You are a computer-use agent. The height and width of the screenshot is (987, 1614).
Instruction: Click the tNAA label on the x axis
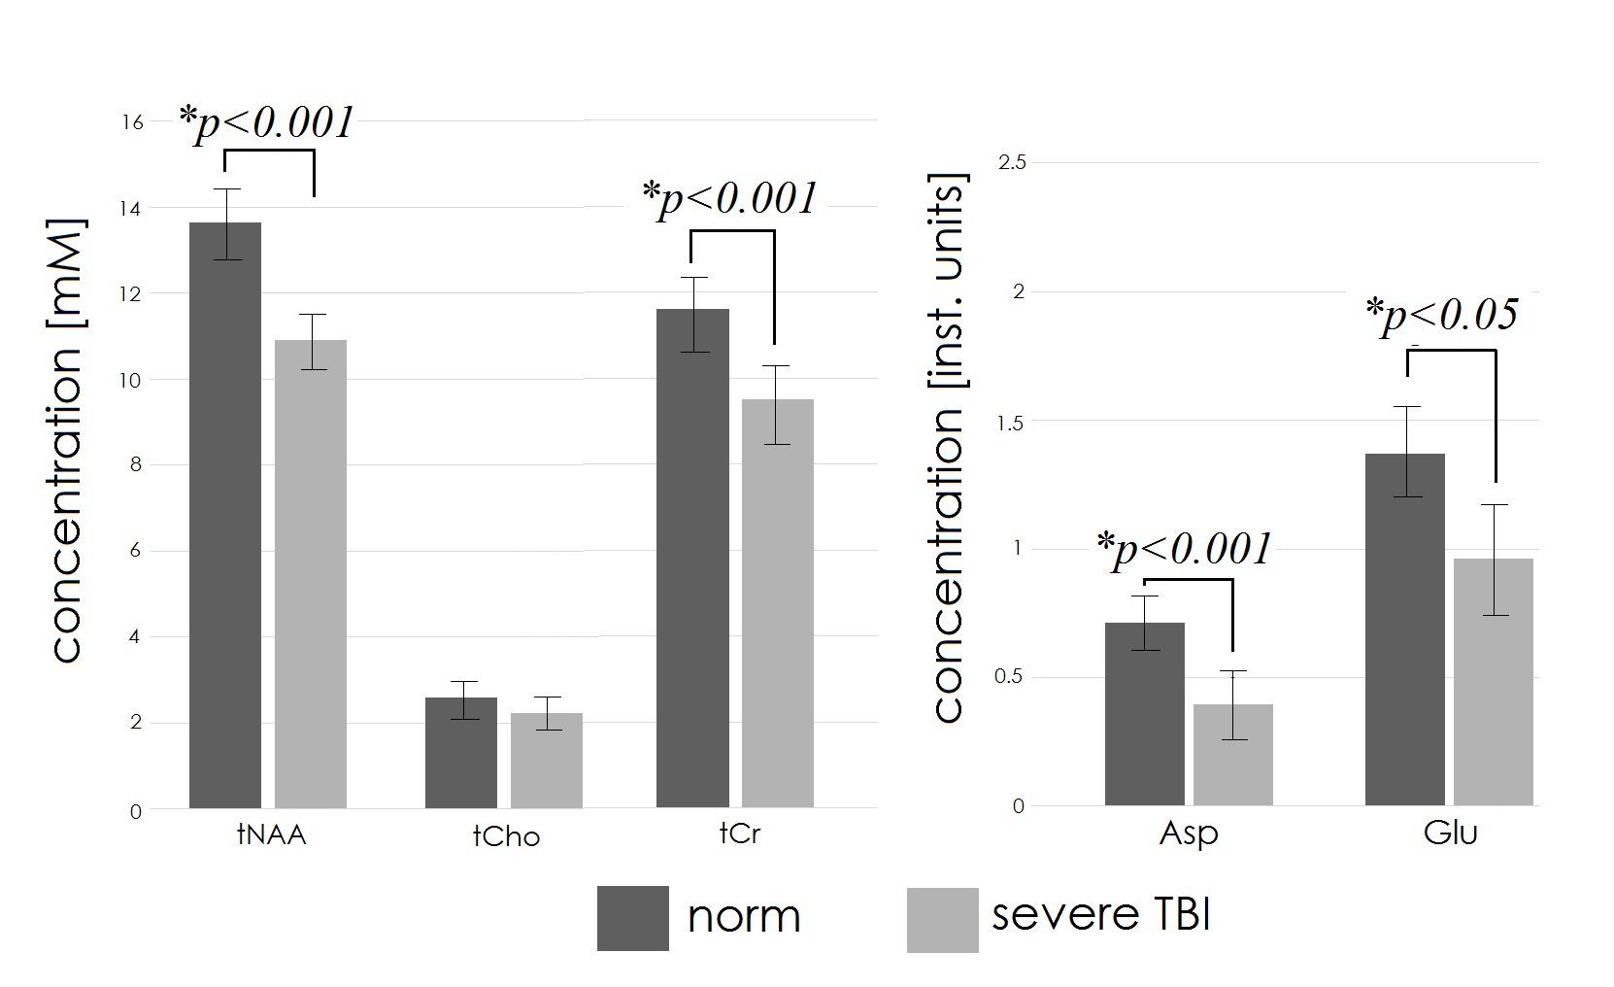[271, 834]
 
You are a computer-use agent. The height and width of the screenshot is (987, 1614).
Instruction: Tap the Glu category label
[1450, 834]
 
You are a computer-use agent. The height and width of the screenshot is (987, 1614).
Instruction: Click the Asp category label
[1189, 834]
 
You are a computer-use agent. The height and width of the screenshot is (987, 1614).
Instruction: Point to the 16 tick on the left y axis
[132, 122]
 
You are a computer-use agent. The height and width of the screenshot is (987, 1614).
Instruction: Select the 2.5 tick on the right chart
[1012, 162]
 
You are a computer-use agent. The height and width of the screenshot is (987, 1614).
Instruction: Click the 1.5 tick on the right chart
[1012, 422]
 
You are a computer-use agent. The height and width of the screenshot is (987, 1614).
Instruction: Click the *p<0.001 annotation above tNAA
[266, 122]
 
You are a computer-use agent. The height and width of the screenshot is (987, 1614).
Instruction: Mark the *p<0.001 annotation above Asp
[1185, 549]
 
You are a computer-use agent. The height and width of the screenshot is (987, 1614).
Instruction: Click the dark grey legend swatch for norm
[632, 918]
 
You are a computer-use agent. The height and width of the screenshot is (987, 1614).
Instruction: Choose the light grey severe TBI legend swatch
[942, 919]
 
